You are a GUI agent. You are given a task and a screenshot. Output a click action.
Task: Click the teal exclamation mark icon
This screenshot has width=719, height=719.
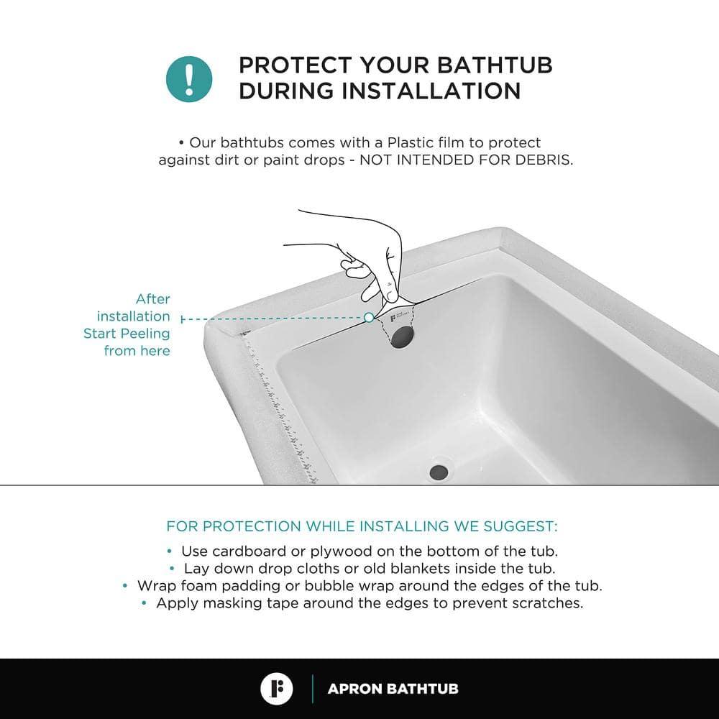(x=189, y=77)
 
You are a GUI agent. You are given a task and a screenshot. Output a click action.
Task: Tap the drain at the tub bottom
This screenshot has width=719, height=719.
(x=439, y=472)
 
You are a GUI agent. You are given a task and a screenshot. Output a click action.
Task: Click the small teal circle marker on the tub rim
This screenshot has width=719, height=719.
(x=369, y=317)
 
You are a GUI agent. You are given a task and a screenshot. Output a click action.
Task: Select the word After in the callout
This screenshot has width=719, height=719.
(x=152, y=299)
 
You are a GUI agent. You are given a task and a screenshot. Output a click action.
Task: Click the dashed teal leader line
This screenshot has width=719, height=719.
(x=273, y=318)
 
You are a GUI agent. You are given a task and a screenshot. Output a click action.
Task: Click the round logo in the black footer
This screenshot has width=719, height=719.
(x=277, y=689)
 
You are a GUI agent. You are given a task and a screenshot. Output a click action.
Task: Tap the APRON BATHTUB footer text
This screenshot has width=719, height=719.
(x=393, y=689)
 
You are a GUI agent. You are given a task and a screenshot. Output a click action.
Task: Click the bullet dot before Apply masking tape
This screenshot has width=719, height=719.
(x=145, y=603)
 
